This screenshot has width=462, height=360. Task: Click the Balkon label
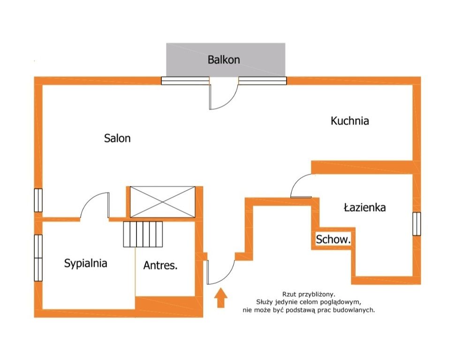(224, 60)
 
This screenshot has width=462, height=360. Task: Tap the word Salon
(117, 138)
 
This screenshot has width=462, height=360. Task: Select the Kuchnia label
(350, 121)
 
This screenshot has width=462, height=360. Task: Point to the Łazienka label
(365, 208)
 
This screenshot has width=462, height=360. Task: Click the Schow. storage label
(333, 240)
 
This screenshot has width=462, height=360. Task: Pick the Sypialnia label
(85, 263)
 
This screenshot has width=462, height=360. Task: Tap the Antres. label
(160, 265)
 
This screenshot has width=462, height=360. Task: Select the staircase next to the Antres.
(143, 234)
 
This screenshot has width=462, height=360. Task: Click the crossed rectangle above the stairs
(163, 202)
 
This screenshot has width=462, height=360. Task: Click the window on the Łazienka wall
(417, 224)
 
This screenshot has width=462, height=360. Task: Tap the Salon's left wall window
(38, 200)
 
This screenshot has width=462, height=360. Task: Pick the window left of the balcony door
(185, 81)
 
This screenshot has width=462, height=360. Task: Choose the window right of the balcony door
(263, 81)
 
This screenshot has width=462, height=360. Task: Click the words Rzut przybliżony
(309, 294)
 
